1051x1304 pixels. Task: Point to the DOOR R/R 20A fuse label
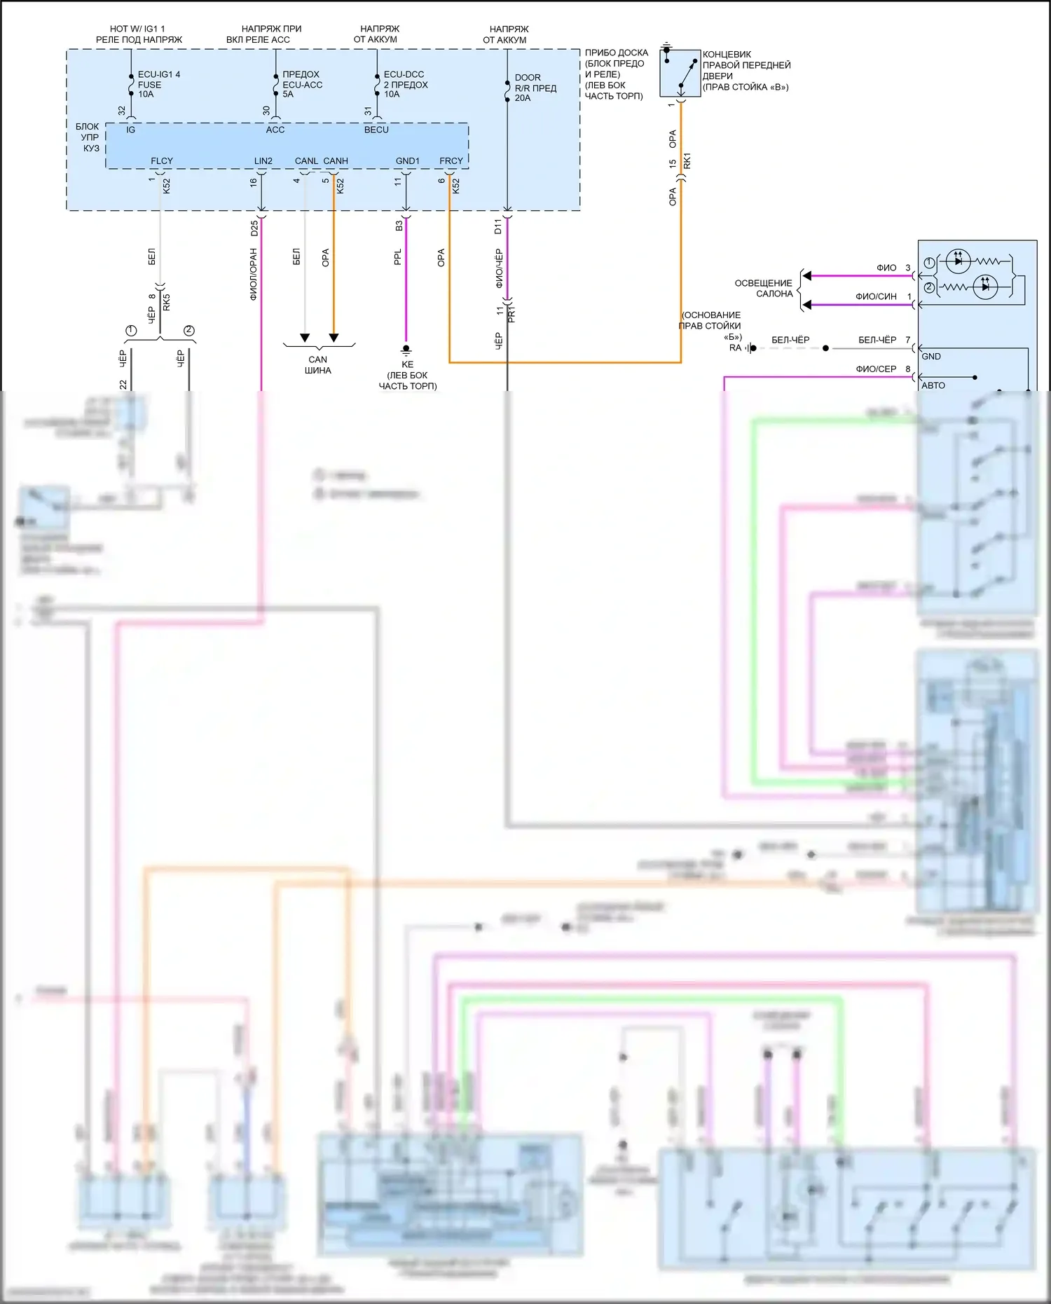point(535,88)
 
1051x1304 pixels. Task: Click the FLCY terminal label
point(162,161)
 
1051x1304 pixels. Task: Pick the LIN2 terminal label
point(263,161)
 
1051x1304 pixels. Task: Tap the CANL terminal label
point(306,161)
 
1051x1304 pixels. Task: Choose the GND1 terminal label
point(407,161)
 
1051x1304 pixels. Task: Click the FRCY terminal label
point(451,161)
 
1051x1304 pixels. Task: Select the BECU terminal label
point(376,130)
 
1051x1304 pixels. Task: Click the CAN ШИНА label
point(318,365)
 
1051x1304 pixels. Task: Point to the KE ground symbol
point(406,349)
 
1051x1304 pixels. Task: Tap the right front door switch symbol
point(680,73)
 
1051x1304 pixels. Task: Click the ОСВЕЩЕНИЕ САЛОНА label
point(763,288)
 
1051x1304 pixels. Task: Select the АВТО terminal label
point(933,385)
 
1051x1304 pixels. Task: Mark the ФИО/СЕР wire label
point(876,369)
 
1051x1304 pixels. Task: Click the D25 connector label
point(254,228)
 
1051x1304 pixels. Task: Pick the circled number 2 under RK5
point(188,331)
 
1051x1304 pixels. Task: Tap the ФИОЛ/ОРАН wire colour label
point(254,274)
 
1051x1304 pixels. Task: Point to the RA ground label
point(735,348)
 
